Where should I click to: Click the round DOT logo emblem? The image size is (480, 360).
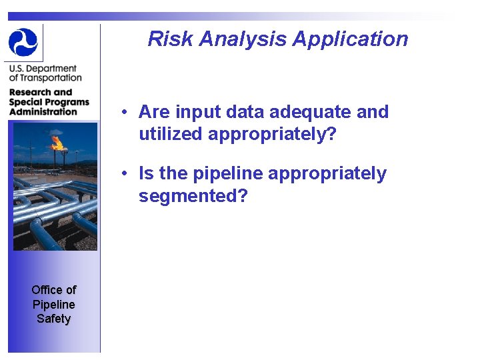(23, 42)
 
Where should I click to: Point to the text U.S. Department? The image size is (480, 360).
(43, 69)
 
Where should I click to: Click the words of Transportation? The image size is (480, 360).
(45, 78)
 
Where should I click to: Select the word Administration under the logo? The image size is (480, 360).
(43, 111)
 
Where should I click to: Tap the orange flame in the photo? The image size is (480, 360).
(57, 142)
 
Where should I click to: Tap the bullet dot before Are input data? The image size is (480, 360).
(125, 113)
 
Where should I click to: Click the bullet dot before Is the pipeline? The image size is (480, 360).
(125, 174)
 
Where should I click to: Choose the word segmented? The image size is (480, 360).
(193, 196)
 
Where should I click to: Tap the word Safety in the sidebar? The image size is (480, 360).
(53, 319)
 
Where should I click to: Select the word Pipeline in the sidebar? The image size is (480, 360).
(53, 304)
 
